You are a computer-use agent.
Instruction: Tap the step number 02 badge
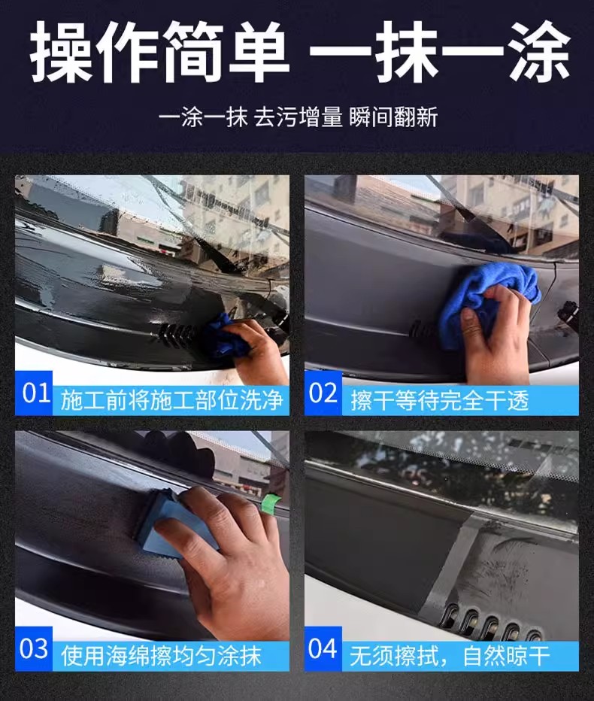coord(323,393)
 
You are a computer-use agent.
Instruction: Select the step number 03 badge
coord(34,648)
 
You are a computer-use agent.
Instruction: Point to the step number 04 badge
coord(323,648)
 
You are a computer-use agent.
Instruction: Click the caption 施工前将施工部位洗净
coord(171,400)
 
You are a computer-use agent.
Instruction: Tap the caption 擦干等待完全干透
coord(440,400)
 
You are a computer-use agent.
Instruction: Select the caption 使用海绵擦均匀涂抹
coord(161,656)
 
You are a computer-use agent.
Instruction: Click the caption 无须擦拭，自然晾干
coord(450,656)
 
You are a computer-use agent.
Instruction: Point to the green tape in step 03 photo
coord(270,502)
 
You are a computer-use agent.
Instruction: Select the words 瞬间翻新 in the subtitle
coord(393,117)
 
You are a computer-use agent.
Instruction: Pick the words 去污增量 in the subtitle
coord(299,117)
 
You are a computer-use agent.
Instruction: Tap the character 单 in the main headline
coord(259,51)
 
